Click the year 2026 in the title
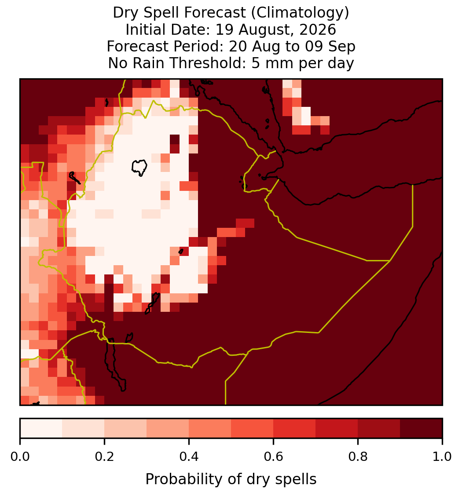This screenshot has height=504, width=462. point(318,30)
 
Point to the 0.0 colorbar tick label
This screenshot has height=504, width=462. point(20,457)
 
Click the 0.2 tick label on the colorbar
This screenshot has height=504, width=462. point(104,457)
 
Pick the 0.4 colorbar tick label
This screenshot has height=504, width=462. point(189,457)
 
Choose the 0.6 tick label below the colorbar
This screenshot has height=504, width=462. point(274,457)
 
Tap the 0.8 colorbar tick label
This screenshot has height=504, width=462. point(358,457)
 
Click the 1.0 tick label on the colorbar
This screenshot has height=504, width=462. point(442,457)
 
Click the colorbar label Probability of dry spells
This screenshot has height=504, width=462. point(231,479)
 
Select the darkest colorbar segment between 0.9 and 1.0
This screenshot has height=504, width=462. point(421,428)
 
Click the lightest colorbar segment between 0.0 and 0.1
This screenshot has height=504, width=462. point(41,428)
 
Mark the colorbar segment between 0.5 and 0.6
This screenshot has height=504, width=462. point(253,428)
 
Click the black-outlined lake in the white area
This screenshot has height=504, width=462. point(139,168)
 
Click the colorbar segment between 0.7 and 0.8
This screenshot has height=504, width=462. point(337,428)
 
